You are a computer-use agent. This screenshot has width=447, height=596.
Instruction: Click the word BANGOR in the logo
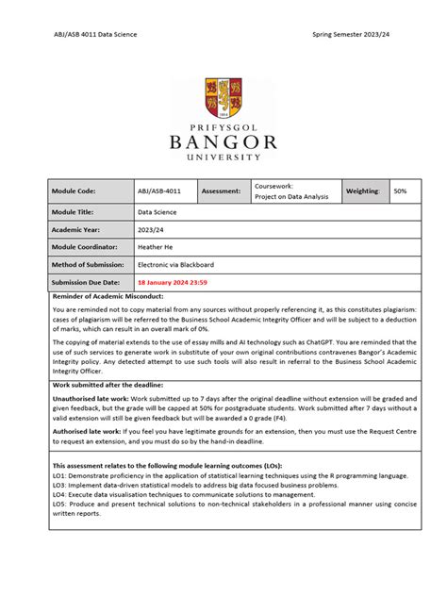[x=223, y=143]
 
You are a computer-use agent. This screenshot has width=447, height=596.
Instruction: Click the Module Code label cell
[x=74, y=191]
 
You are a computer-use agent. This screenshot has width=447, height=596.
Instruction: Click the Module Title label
[x=74, y=212]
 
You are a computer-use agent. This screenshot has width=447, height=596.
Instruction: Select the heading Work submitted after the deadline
[x=108, y=385]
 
